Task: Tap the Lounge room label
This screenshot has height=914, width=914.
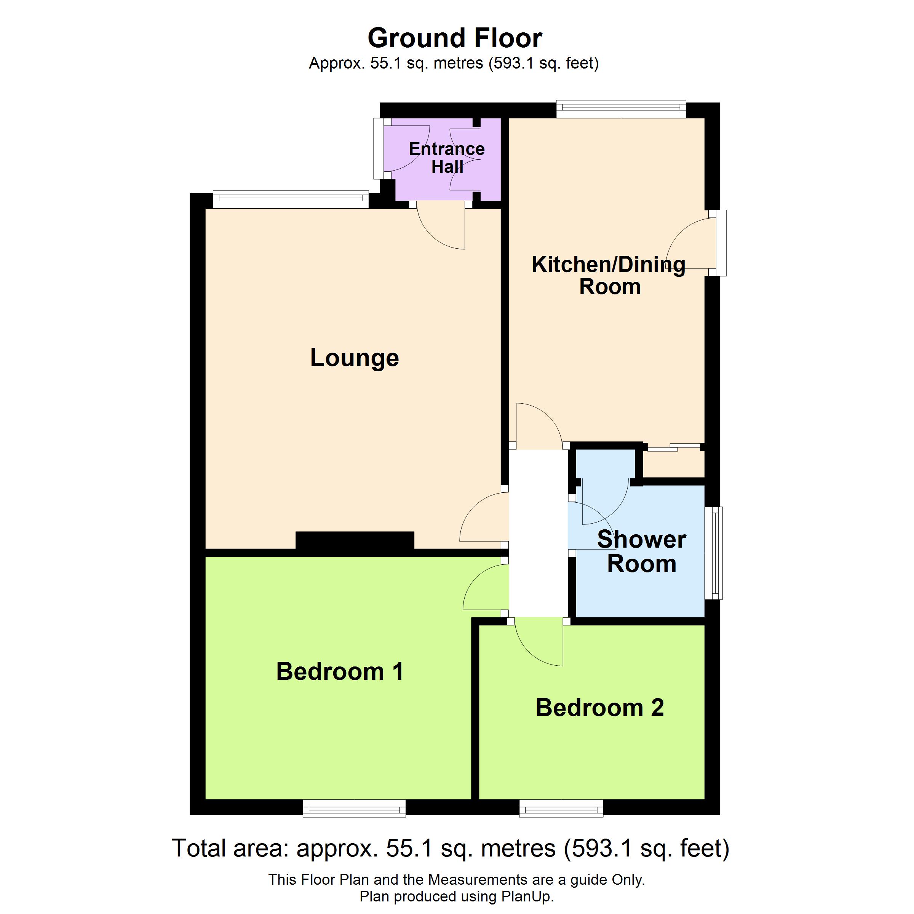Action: click(354, 358)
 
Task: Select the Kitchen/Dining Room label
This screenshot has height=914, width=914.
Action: click(609, 275)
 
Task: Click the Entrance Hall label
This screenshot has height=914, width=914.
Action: click(447, 158)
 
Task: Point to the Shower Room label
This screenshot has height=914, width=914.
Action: click(641, 551)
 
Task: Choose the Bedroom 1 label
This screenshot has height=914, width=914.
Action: click(340, 672)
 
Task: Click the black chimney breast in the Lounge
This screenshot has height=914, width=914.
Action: click(355, 540)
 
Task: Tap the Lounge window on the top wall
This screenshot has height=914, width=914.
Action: click(291, 199)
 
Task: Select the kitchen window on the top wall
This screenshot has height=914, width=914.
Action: click(621, 109)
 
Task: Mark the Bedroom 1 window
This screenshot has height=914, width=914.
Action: click(354, 808)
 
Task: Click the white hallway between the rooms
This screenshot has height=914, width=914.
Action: click(538, 533)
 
